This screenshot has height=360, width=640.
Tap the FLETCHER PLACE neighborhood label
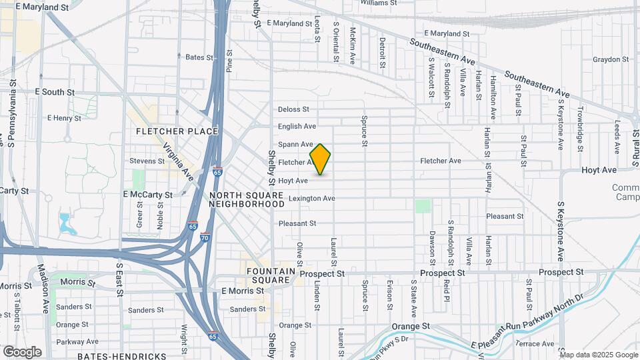coord(177,131)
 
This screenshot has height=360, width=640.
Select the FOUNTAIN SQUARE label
coord(269,276)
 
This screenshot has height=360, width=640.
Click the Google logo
coord(22,352)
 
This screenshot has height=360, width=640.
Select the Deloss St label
coord(294,109)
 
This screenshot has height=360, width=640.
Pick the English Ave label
coord(297,126)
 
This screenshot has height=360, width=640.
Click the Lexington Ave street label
coord(311,199)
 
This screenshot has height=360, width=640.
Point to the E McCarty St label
coord(148,195)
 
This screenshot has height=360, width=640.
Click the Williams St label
coord(379,3)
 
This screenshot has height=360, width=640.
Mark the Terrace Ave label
coord(535,344)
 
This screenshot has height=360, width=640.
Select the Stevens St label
coord(147,161)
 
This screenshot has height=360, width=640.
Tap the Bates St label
coord(199,57)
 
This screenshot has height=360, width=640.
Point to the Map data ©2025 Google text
coord(599,355)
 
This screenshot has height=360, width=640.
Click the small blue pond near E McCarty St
coord(67,224)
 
